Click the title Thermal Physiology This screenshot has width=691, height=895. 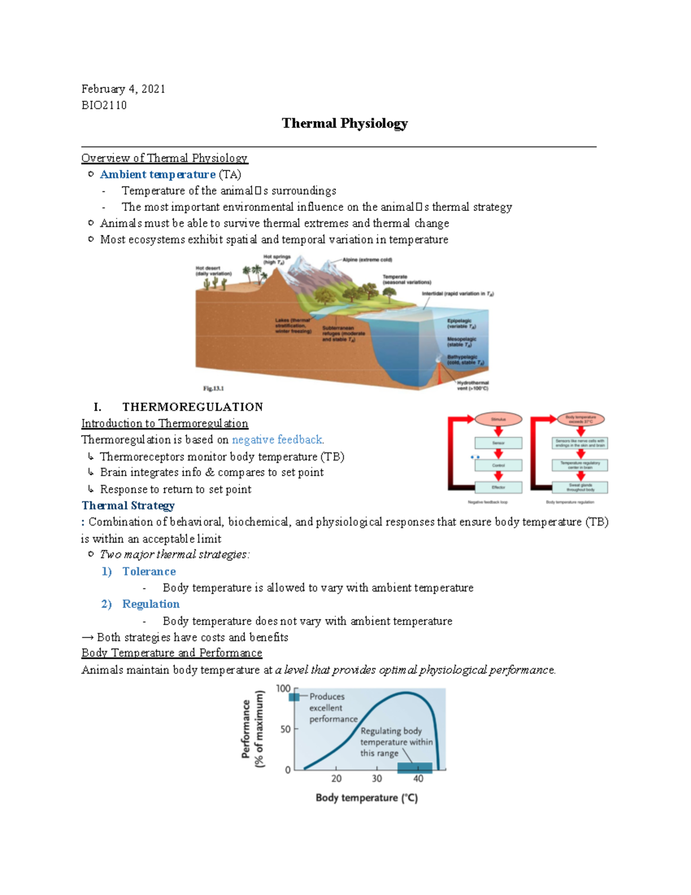pos(344,123)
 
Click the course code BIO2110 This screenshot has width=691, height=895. pos(104,105)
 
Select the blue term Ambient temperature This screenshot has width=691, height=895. pos(157,175)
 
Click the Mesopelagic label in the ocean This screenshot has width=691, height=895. pos(461,342)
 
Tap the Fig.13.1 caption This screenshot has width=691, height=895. pos(213,388)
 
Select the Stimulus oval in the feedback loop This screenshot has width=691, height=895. pos(498,420)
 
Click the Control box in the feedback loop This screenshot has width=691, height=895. pos(498,465)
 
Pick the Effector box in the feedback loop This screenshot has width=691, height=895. pos(498,488)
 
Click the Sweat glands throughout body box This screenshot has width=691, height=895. pos(580,488)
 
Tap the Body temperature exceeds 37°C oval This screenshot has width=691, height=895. pos(580,419)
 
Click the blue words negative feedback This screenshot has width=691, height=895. pos(277,440)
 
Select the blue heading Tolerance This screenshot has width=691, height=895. pos(149,572)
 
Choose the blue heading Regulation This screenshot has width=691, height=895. pos(150,604)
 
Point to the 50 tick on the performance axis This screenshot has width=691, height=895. pos(286,730)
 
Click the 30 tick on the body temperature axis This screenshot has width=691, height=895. pos(377,779)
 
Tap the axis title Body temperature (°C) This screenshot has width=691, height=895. pos(366,798)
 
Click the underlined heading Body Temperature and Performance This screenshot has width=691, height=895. pos(172,653)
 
